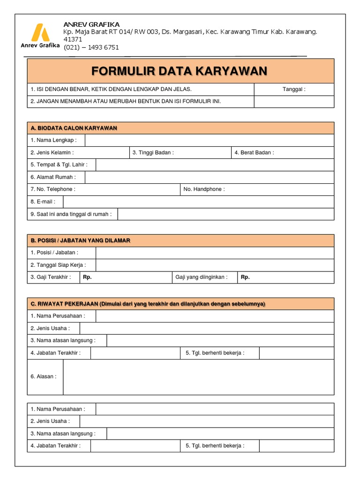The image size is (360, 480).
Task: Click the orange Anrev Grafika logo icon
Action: tap(39, 32)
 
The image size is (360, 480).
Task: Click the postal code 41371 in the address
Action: tap(73, 39)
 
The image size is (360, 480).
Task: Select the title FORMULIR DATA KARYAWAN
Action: tap(180, 71)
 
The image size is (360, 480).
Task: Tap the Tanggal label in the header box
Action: tap(294, 89)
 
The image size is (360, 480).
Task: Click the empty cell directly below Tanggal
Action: tap(294, 102)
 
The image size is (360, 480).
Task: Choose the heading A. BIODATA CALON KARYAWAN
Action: tap(74, 128)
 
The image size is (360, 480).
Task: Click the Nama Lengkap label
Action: tap(57, 140)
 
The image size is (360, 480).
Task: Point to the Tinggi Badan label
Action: tap(153, 152)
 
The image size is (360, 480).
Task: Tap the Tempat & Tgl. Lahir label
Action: tap(59, 165)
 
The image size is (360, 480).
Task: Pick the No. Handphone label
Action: tap(204, 189)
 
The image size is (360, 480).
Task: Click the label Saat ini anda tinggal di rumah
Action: tap(71, 214)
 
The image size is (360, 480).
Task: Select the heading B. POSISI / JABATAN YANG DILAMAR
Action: tap(80, 240)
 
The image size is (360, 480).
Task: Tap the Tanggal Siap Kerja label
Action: tap(58, 265)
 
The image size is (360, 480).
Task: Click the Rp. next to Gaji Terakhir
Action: tap(87, 277)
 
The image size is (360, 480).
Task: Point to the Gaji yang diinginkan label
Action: tap(201, 277)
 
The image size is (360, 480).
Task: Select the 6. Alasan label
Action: tap(44, 376)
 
